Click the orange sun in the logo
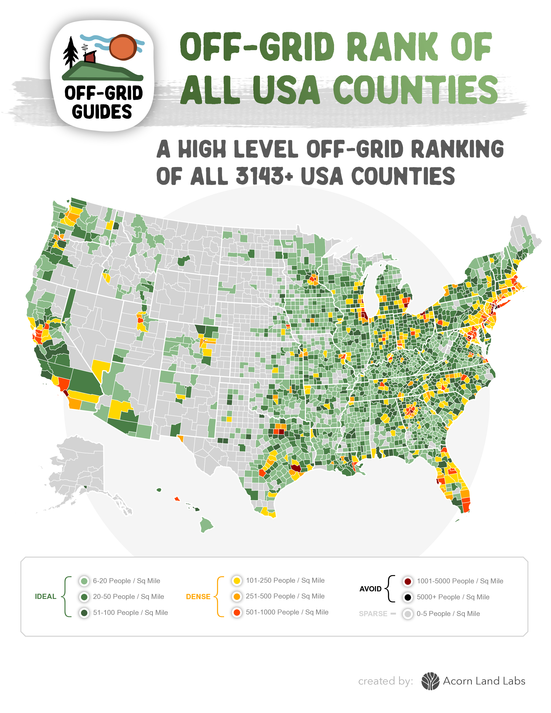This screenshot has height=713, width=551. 123,47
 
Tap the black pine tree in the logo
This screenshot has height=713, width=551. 70,52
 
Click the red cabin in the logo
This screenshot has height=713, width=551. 90,57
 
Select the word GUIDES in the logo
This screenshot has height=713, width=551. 102,112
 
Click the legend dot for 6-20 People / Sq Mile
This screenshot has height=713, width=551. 84,581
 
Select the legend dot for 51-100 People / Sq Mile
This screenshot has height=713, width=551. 84,613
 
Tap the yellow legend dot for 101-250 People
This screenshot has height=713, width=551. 237,581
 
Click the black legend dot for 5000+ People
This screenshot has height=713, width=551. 408,597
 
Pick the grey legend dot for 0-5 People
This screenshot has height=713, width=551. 408,614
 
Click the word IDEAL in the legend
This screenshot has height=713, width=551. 45,597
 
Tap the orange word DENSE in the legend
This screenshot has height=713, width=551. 198,597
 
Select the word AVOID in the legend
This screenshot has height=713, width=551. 371,589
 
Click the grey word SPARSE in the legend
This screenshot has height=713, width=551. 373,614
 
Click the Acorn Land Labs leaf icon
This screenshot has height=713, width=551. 430,681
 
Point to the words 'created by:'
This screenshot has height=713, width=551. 385,681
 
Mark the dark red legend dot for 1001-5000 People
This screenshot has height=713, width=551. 408,581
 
